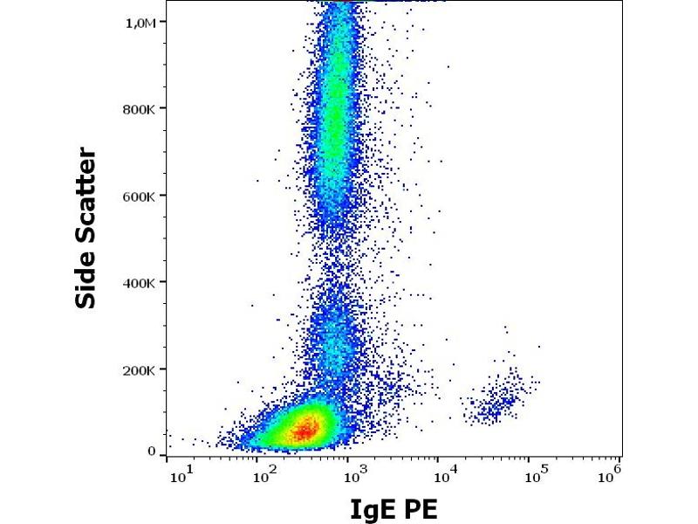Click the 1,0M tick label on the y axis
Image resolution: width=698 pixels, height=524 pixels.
pyautogui.click(x=141, y=23)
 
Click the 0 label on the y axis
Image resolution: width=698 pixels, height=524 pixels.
pyautogui.click(x=151, y=452)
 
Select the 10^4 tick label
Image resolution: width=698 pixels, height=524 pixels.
pyautogui.click(x=445, y=473)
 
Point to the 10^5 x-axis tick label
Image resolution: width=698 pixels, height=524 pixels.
pyautogui.click(x=534, y=473)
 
